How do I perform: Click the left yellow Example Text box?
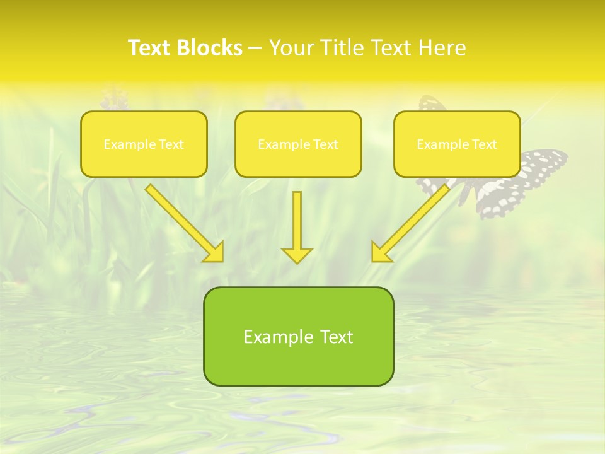click(x=144, y=144)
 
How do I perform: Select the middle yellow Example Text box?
click(x=298, y=144)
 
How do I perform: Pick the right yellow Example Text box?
click(x=457, y=144)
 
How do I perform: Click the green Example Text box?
click(x=298, y=336)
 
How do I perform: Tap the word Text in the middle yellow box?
click(x=326, y=144)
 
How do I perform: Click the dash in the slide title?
click(x=255, y=48)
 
